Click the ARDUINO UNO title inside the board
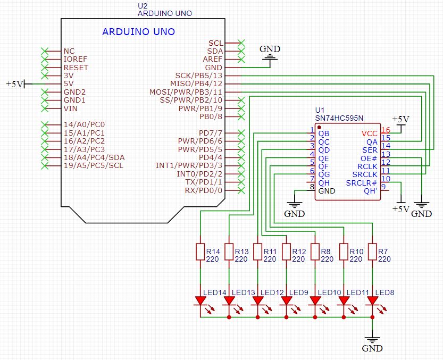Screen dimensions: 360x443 pyautogui.click(x=138, y=32)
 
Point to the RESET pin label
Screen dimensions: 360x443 pyautogui.click(x=76, y=68)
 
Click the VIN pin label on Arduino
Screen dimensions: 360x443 pyautogui.click(x=71, y=108)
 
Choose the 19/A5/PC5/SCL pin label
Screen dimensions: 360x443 pyautogui.click(x=93, y=165)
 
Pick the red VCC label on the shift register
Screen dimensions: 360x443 pyautogui.click(x=369, y=133)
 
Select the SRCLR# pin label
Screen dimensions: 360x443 pyautogui.click(x=362, y=183)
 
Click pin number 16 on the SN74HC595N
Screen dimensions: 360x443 pyautogui.click(x=386, y=130)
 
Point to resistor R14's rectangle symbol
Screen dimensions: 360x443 pyautogui.click(x=200, y=252)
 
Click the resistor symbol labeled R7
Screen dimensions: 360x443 pyautogui.click(x=372, y=252)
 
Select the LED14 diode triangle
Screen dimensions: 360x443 pyautogui.click(x=200, y=301)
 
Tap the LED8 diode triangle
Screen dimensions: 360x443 pyautogui.click(x=372, y=301)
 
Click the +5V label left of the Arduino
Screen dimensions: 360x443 pyautogui.click(x=14, y=84)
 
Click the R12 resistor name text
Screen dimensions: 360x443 pyautogui.click(x=298, y=251)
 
